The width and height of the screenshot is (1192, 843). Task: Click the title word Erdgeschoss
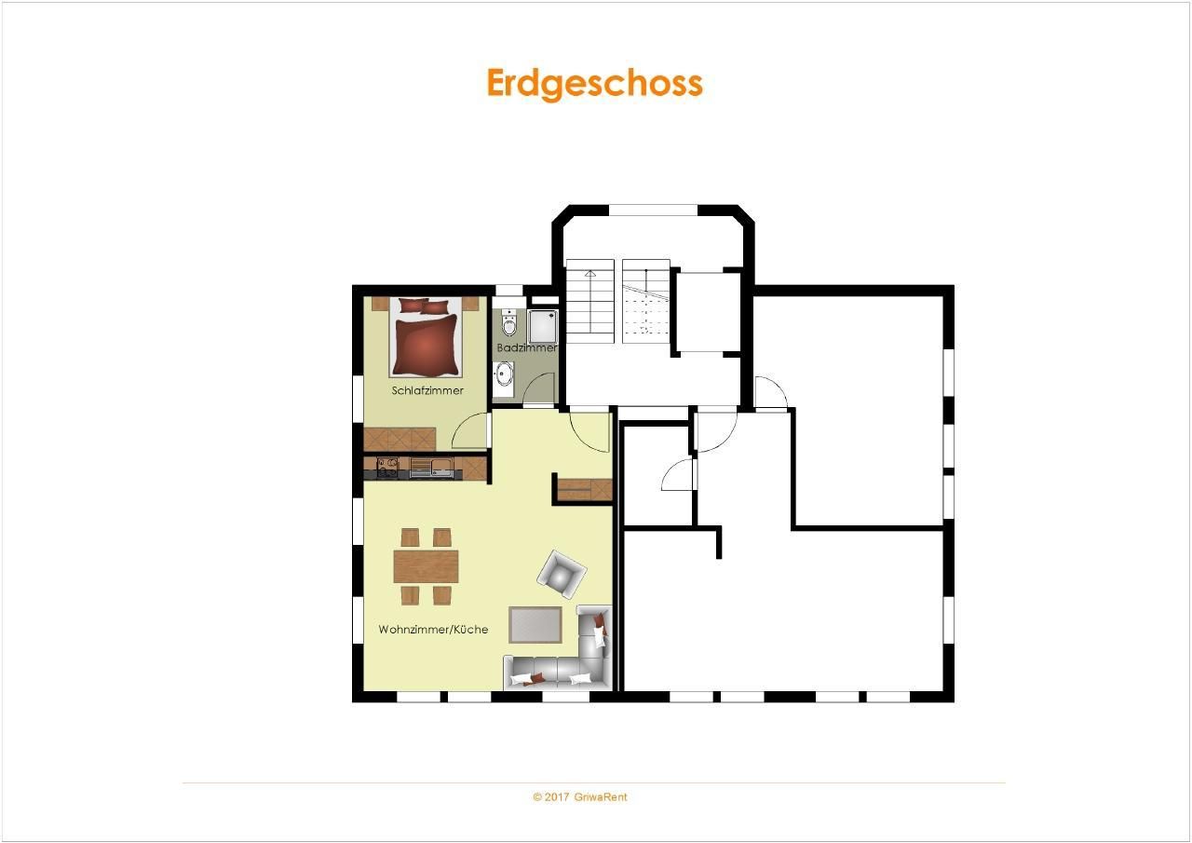[595, 84]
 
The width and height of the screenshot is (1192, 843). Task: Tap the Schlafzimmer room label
[427, 390]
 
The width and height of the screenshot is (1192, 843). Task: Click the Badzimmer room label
[527, 347]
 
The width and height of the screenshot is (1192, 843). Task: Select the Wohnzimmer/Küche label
[433, 629]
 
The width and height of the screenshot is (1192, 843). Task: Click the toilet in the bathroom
[509, 323]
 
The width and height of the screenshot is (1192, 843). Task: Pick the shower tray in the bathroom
[542, 326]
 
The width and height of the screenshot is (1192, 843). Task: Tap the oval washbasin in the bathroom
[504, 374]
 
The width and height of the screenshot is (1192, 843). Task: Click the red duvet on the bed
[426, 345]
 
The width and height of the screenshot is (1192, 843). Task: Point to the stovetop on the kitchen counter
[388, 468]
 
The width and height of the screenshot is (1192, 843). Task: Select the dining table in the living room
[426, 566]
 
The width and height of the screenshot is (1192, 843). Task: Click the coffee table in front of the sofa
[535, 625]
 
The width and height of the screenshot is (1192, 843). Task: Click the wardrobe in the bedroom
[400, 439]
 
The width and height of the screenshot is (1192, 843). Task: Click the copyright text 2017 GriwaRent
[580, 796]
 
